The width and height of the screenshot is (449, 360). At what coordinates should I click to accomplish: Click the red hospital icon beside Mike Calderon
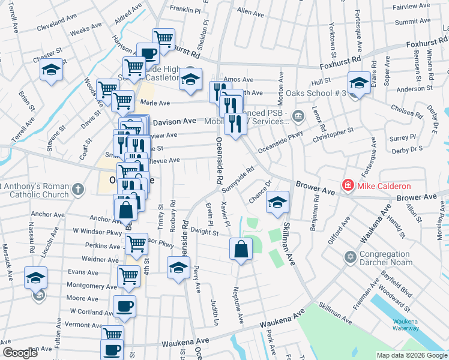(x=348, y=186)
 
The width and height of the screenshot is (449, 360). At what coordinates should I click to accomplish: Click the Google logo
(x=20, y=353)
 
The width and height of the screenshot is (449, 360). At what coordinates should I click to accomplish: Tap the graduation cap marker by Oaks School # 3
(x=359, y=82)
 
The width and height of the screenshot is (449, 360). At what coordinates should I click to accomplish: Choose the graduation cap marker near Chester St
(x=52, y=69)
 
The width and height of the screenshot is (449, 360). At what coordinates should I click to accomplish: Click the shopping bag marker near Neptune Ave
(x=240, y=249)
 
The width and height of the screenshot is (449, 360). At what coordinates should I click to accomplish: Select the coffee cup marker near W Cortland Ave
(x=124, y=306)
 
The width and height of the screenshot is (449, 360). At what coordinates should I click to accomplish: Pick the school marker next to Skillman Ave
(x=278, y=202)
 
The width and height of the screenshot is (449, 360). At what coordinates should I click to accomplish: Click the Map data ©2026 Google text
(x=411, y=355)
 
